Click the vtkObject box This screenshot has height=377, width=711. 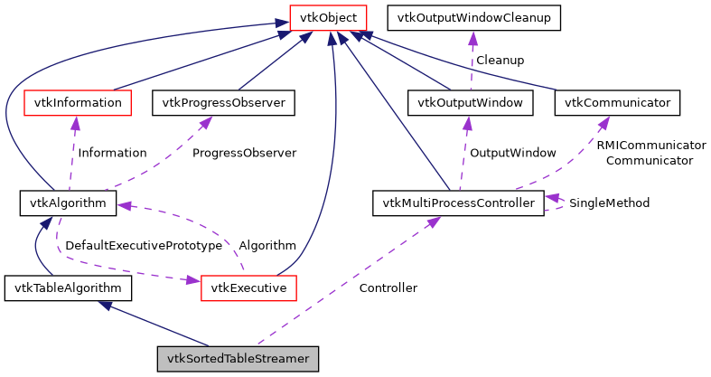coord(327,17)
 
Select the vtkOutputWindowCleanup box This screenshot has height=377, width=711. coord(473,17)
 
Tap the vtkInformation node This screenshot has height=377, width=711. coord(78,103)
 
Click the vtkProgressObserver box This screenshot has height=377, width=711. coord(224,103)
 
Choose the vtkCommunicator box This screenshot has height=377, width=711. coord(617,103)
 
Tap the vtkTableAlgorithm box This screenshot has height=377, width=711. coord(68,288)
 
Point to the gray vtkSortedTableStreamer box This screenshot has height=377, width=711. coord(239,359)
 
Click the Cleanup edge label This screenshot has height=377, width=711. coord(500,60)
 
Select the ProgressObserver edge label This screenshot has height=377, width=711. coord(244,153)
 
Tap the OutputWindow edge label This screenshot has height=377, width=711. coord(512,153)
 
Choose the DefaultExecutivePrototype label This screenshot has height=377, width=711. coord(144,245)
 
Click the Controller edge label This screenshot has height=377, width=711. coord(388,288)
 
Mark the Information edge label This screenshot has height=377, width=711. coord(112,153)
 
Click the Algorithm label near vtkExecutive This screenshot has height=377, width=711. coord(267,245)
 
